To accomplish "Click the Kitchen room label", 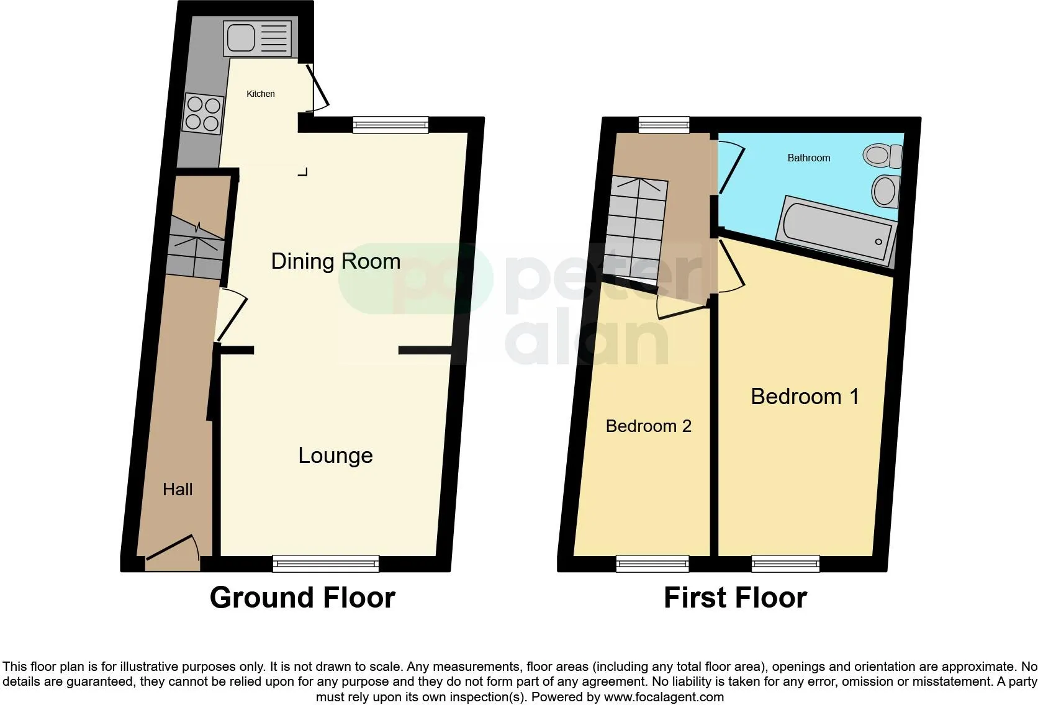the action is (260, 94).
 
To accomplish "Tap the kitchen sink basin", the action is (240, 37).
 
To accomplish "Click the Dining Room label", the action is (335, 261).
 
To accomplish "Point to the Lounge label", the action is (335, 456).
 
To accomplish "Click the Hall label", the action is (178, 489).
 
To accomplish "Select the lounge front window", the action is (326, 564).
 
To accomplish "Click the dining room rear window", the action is (390, 125).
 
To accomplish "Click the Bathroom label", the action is (809, 158).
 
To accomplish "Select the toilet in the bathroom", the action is (883, 155).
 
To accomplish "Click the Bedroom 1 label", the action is (805, 397).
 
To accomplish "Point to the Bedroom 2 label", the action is (648, 426).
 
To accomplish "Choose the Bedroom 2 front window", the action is (652, 564).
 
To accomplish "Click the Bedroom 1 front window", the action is (785, 564).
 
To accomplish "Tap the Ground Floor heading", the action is (302, 598).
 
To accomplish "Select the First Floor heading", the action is (736, 598).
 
